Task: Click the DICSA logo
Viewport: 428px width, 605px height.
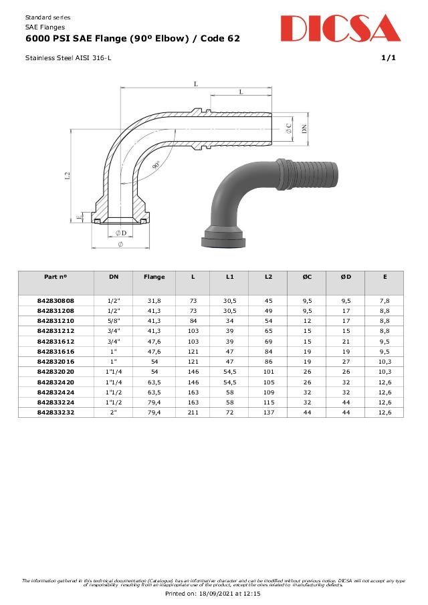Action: point(340,29)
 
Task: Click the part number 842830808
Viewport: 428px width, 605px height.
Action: point(56,301)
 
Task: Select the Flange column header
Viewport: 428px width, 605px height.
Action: point(154,276)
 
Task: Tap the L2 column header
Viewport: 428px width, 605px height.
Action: point(268,276)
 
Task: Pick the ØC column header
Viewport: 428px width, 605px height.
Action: point(307,276)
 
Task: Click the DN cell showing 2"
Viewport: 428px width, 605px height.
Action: point(114,412)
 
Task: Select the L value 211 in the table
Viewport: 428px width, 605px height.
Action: point(193,412)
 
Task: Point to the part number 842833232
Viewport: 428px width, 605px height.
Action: point(56,412)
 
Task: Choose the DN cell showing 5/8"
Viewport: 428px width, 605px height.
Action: point(114,321)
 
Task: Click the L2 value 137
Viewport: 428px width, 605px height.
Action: point(268,412)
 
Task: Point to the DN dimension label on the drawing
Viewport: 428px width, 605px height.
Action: point(303,128)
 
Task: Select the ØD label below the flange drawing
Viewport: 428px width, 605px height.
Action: point(120,232)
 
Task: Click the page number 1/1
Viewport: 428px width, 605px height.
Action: point(388,58)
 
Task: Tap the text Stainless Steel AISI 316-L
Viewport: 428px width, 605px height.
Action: point(68,58)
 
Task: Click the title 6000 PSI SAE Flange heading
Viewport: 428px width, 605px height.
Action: point(132,39)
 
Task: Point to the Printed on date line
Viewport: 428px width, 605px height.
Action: point(213,592)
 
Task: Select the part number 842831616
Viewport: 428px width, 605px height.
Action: point(56,351)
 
